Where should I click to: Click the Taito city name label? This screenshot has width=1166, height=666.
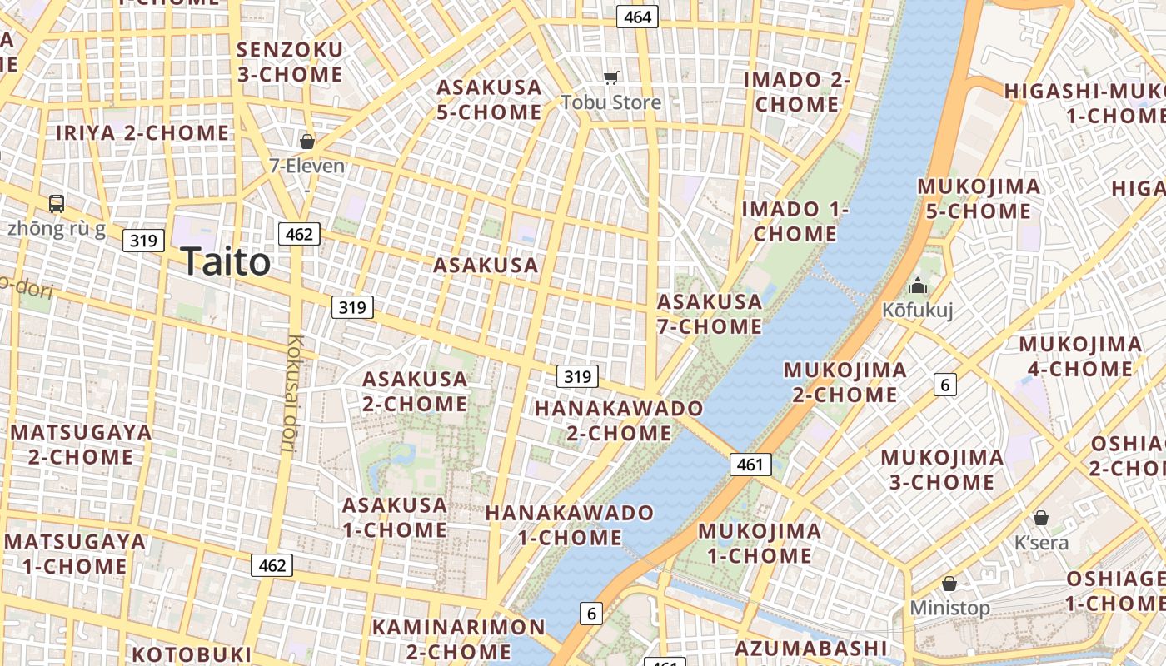(x=226, y=262)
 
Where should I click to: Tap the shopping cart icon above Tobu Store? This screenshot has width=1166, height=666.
(x=611, y=78)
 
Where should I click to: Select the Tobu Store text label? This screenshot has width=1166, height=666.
(x=611, y=102)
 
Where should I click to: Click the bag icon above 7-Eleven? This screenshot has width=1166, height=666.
(x=307, y=142)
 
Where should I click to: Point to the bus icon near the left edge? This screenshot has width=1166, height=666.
(x=57, y=203)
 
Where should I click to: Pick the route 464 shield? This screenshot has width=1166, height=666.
(x=637, y=17)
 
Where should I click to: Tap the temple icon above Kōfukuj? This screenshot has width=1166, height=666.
(x=918, y=286)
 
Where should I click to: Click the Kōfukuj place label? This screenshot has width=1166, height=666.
(x=918, y=311)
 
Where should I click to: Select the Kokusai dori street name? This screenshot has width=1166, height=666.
(x=291, y=392)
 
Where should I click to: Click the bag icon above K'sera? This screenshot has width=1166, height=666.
(x=1041, y=518)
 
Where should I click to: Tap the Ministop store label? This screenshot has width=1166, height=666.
(x=949, y=608)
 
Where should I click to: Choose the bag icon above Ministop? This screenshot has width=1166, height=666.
(x=949, y=584)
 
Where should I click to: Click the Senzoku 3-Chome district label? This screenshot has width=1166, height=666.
(x=290, y=62)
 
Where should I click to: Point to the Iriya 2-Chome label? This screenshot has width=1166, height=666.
(x=142, y=132)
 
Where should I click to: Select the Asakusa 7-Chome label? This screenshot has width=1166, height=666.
(x=710, y=314)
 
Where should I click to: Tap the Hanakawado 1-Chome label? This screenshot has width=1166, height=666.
(x=570, y=525)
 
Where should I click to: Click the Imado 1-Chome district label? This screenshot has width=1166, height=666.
(x=795, y=221)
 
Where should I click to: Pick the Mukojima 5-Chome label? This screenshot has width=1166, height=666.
(x=979, y=199)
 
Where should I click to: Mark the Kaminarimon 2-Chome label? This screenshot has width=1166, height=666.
(x=458, y=639)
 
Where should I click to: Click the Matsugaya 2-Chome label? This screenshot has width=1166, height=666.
(x=81, y=445)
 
